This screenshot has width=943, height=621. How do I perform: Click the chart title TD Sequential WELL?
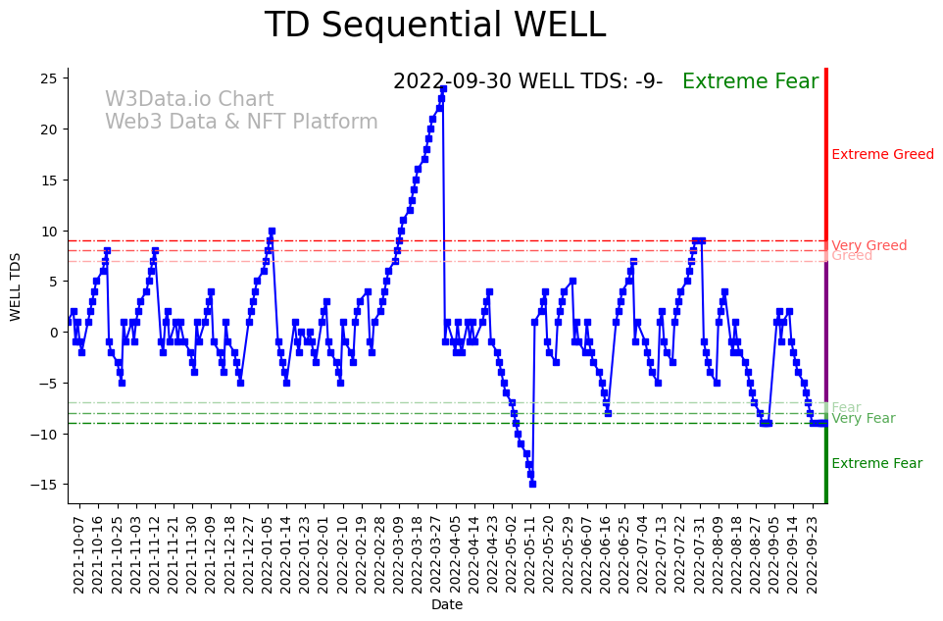click(x=434, y=26)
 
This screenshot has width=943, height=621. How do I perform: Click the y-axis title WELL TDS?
click(x=16, y=285)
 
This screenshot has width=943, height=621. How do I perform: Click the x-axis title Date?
click(x=447, y=605)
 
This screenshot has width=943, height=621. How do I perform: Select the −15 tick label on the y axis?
click(x=47, y=485)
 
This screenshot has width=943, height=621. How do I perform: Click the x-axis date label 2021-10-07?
click(x=79, y=553)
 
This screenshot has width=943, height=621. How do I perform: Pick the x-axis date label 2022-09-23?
click(x=814, y=553)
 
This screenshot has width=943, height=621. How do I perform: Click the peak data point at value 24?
click(x=443, y=88)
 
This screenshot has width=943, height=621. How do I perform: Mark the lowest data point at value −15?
click(x=532, y=484)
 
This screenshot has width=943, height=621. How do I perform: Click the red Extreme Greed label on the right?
click(x=882, y=154)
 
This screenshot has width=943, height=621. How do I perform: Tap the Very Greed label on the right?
click(x=869, y=245)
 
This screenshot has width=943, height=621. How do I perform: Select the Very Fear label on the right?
click(x=863, y=419)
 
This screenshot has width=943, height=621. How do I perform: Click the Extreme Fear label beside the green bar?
click(x=876, y=464)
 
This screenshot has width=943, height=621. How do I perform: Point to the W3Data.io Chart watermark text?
click(x=189, y=99)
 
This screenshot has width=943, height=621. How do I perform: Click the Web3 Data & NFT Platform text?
click(x=241, y=122)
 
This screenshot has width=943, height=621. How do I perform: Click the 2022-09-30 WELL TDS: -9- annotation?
click(x=527, y=82)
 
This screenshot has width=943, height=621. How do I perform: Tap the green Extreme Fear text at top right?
click(x=750, y=82)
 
